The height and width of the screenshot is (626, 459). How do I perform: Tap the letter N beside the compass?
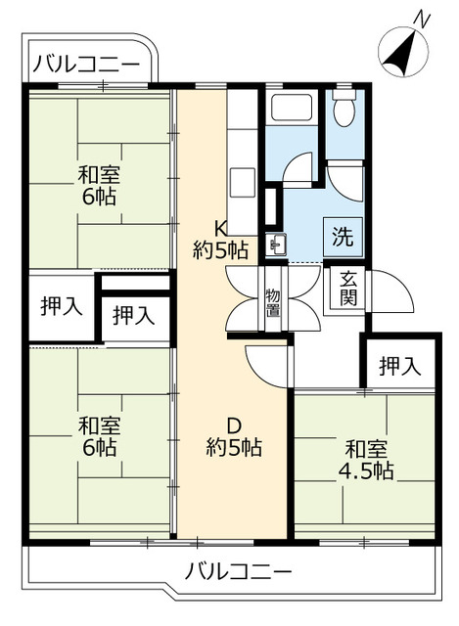click(x=422, y=19)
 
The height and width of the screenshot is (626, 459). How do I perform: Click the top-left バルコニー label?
click(x=85, y=65)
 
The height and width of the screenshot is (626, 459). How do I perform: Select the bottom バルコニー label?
click(x=238, y=570)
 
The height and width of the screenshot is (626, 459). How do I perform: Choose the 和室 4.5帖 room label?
click(x=369, y=461)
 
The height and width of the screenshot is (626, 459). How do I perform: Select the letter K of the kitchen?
click(x=221, y=228)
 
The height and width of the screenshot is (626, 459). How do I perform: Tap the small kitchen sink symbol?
click(x=277, y=246)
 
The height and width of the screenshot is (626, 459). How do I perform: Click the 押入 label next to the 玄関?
click(x=399, y=367)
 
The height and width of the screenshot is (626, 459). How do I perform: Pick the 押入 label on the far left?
click(x=62, y=305)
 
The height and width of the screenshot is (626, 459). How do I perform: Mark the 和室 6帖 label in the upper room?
click(x=99, y=186)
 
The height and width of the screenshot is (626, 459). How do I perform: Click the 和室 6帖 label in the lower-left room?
click(x=99, y=436)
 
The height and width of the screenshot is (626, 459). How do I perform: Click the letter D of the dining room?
click(x=234, y=425)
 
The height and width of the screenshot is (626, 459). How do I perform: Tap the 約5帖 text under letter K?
click(x=220, y=250)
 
